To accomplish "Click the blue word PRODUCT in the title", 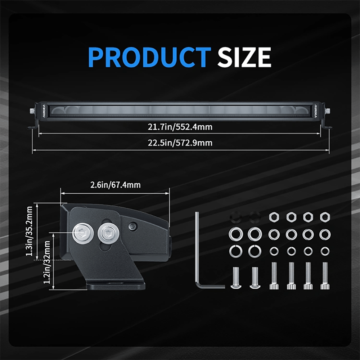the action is click(149, 57).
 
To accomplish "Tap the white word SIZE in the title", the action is click(244, 57).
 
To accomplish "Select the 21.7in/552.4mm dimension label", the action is click(180, 127).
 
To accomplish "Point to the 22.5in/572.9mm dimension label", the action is click(180, 143).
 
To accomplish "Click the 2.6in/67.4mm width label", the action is click(115, 185).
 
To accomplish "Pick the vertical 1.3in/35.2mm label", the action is click(29, 231).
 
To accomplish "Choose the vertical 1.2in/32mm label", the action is click(47, 262).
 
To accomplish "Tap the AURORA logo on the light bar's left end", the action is click(44, 111).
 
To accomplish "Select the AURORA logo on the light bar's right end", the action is click(316, 111).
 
